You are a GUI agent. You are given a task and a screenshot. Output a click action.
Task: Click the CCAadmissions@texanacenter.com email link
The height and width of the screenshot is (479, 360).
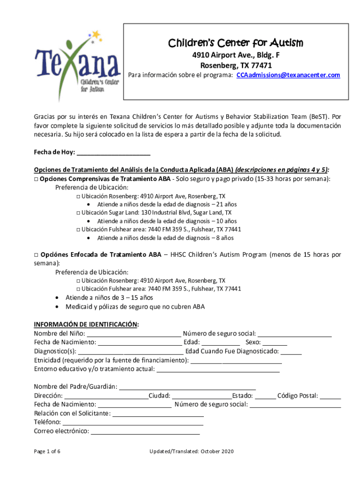point(288,75)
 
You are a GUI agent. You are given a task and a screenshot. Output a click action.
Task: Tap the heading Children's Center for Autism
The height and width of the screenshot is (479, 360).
point(236,44)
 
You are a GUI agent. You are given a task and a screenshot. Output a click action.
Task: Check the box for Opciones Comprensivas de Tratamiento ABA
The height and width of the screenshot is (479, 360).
point(36,179)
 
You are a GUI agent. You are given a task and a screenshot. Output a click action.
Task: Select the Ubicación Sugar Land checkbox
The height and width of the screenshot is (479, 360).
point(78,212)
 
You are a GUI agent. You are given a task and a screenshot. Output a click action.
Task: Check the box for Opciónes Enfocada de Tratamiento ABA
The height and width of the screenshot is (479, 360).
point(36,255)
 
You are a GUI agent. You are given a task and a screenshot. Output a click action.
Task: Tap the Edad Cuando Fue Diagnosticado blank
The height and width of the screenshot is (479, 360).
point(291,351)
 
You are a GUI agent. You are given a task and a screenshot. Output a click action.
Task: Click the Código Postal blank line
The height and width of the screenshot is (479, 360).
point(331,396)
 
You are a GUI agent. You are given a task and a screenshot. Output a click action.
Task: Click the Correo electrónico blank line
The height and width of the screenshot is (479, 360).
point(145,431)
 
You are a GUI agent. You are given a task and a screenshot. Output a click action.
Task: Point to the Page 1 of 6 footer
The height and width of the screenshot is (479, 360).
point(47,451)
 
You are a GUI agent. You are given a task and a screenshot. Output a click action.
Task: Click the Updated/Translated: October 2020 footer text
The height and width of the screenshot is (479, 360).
point(191,451)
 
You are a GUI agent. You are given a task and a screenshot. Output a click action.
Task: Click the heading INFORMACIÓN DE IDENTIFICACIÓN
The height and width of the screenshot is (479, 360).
point(86,325)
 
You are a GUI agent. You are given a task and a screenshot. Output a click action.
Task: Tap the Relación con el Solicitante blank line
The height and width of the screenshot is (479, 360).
point(158,414)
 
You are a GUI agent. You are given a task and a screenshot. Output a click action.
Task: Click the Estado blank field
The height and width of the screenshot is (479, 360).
point(266,396)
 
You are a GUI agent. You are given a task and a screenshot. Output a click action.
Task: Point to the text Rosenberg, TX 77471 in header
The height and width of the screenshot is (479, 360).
point(236,65)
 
